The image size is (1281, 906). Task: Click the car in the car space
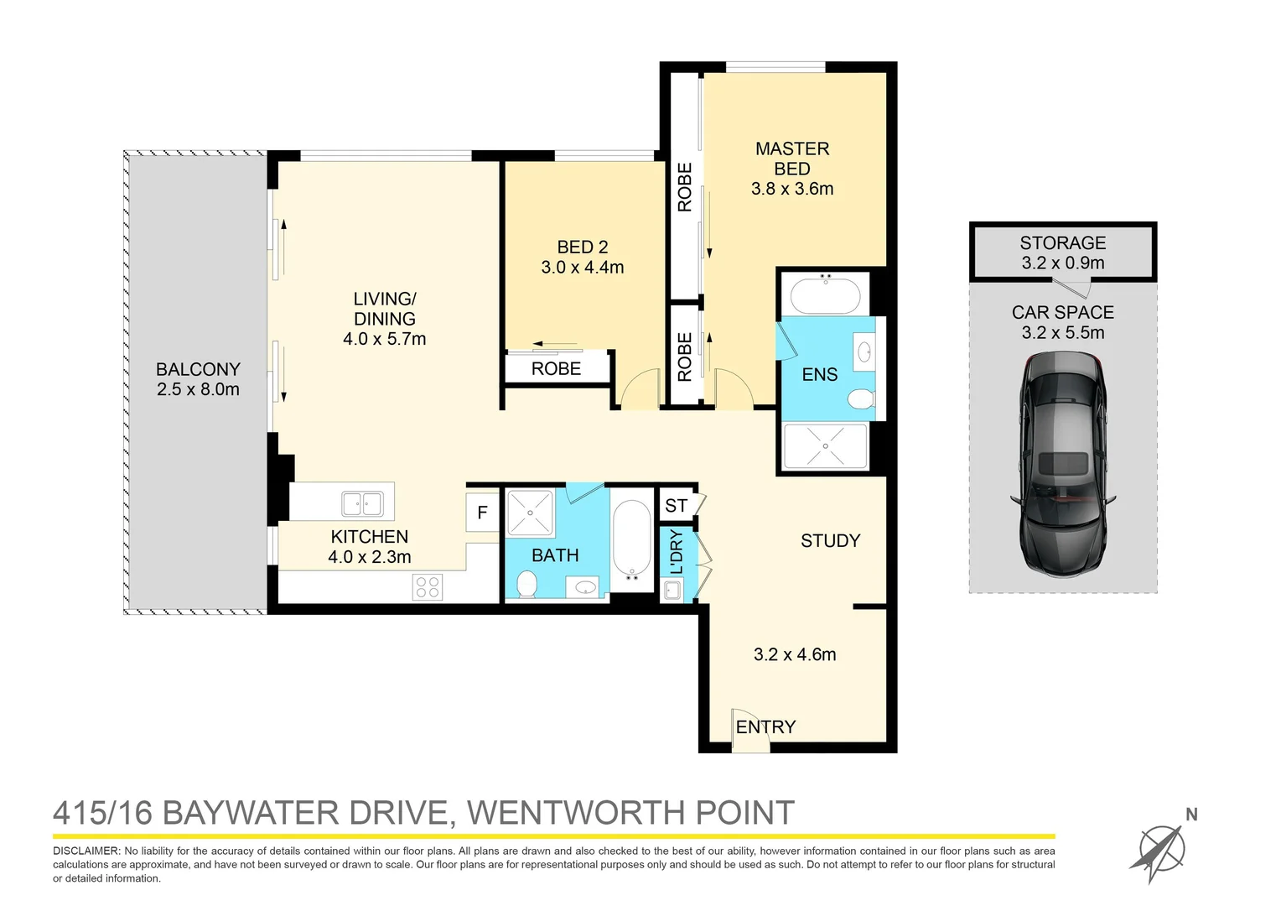coord(1062,463)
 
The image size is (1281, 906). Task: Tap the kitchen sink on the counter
coord(362,504)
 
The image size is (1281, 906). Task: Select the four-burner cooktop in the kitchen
coord(427,586)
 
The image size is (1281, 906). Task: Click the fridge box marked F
coord(482,513)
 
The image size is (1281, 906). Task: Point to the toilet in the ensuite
coord(860,398)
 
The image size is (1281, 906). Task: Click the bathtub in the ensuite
coord(826,295)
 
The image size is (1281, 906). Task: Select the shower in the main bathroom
coord(530,513)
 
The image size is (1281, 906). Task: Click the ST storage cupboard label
coord(676,506)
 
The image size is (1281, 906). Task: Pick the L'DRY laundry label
coord(677,551)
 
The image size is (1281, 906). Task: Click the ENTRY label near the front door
coord(765,726)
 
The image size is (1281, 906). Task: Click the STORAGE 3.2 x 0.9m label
coord(1062,253)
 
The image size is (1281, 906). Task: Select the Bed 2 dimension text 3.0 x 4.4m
coord(582,268)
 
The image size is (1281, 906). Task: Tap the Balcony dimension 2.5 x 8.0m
coord(198,389)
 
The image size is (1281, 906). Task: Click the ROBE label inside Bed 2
coord(556,368)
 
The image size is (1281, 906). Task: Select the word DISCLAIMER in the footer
coord(86,851)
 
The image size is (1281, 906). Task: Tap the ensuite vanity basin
coord(864,352)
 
